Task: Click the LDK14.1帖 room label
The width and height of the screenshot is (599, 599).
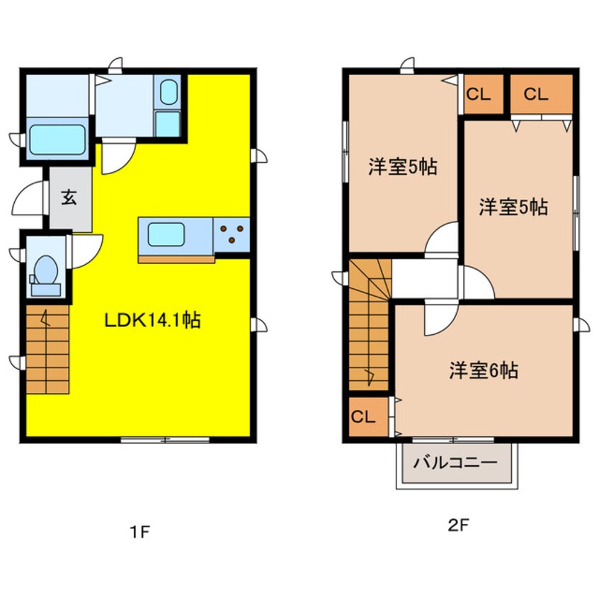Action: (x=152, y=321)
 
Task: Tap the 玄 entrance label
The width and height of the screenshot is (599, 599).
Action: (x=69, y=199)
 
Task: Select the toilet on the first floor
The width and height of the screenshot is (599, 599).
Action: (x=47, y=272)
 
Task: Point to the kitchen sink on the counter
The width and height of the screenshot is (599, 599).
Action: (x=166, y=234)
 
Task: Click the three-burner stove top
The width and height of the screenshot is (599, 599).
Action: (x=232, y=234)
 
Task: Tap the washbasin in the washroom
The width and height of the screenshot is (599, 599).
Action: (x=169, y=92)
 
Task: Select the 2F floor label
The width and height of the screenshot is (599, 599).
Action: (x=457, y=525)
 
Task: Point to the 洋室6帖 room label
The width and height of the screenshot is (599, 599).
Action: (x=483, y=370)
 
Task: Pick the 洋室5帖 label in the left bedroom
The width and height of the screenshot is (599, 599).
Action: (x=401, y=168)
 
